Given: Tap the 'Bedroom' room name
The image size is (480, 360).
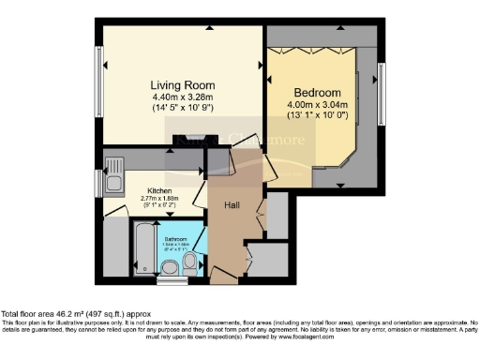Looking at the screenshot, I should (x=317, y=92).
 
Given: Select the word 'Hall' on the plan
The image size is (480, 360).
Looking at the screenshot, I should (x=233, y=203).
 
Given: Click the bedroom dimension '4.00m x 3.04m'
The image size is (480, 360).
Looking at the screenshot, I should (x=317, y=105).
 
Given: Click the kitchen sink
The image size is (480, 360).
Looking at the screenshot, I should (x=113, y=172).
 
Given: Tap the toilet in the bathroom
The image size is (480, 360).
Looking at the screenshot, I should (x=191, y=268).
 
